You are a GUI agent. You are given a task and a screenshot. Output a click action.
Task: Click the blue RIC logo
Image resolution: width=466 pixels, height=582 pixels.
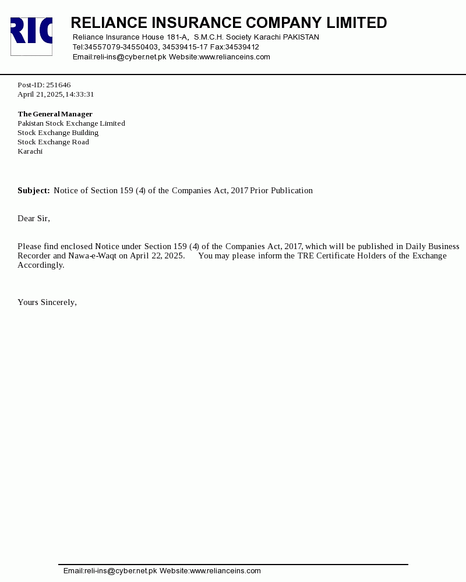coord(31,36)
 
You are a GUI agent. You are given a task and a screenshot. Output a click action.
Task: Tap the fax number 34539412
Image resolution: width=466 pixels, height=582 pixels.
coord(242,47)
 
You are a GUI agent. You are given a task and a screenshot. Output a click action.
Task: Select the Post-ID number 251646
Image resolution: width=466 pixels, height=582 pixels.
coord(58,85)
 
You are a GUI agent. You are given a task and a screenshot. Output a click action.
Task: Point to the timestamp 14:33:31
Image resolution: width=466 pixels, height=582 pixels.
coord(79,94)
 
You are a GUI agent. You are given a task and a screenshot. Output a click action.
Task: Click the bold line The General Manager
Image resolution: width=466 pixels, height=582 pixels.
coord(55,114)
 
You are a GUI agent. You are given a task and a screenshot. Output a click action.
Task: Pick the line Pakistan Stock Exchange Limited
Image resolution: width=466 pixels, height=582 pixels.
coord(71,123)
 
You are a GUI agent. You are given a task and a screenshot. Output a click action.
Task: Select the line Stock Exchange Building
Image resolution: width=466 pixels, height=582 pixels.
coord(58,133)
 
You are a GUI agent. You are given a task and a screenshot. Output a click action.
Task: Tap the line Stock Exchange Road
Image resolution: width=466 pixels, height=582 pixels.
coord(53,142)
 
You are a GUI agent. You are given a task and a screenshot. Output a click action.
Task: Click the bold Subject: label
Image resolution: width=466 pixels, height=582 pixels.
coord(34,190)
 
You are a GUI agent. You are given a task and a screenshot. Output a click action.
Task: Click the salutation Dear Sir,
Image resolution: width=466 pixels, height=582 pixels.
coord(34,218)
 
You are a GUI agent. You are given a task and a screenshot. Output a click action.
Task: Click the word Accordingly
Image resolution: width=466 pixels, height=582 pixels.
coord(41,265)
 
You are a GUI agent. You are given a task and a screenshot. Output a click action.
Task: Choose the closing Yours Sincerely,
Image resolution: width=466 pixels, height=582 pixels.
coord(47,302)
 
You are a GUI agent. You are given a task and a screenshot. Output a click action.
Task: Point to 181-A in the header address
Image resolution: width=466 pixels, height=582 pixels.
coord(177,37)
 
